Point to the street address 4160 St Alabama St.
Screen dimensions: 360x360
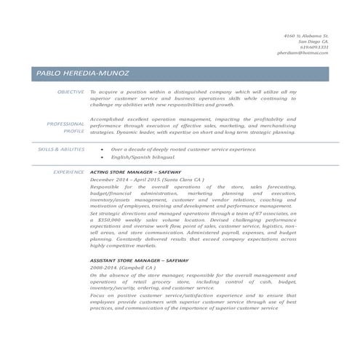point(306,36)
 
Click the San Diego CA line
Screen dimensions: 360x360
point(313,41)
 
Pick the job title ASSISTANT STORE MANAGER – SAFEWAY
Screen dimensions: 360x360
point(139,260)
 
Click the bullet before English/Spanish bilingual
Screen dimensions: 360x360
point(102,156)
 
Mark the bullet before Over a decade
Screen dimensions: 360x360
point(102,148)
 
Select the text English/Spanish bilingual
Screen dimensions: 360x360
point(143,156)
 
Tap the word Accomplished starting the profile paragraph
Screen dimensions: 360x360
point(106,118)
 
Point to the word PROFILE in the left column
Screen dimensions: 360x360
point(73,132)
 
